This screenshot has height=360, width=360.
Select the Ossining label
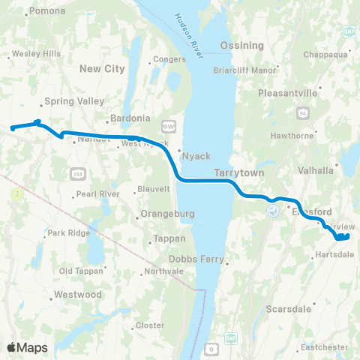pyautogui.click(x=242, y=46)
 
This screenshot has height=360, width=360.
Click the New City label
pyautogui.click(x=102, y=68)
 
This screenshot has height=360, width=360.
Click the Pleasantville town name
pyautogui.click(x=289, y=94)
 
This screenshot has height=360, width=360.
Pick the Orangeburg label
pyautogui.click(x=169, y=214)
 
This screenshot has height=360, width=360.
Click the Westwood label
pyautogui.click(x=78, y=295)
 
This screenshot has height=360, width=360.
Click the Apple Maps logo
pyautogui.click(x=27, y=347)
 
